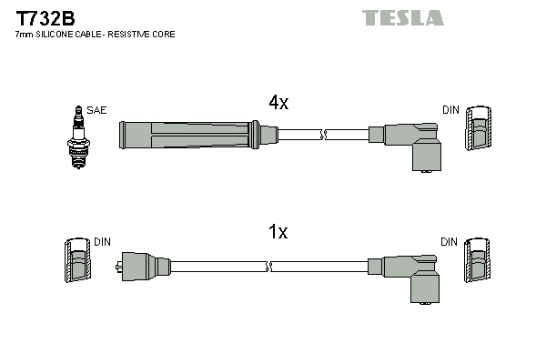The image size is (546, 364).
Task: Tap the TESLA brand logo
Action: [402, 17]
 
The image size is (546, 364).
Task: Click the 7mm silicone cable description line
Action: [95, 34]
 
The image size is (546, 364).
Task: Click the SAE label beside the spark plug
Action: [97, 110]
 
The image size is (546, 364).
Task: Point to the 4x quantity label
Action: [278, 103]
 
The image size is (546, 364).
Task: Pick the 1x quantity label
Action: [278, 233]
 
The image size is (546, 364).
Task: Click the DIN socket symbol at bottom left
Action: [77, 262]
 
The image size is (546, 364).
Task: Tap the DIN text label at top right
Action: [450, 110]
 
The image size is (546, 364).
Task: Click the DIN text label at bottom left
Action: [102, 242]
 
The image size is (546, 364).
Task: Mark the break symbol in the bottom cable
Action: [270, 267]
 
